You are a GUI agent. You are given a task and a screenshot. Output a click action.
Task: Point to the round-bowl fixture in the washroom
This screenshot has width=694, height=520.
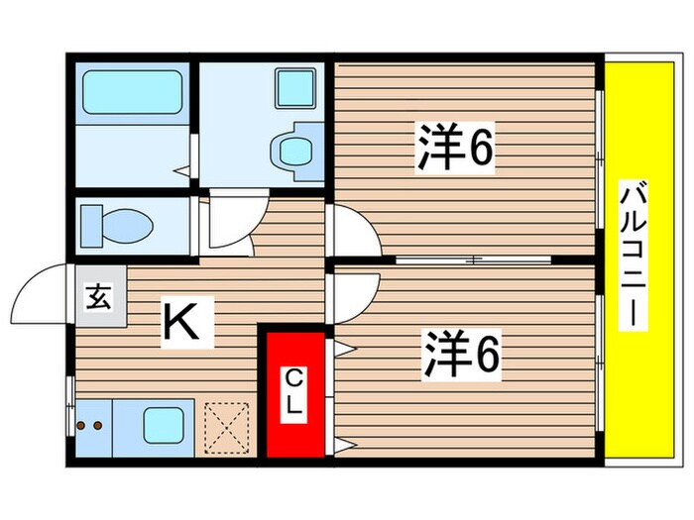pyautogui.click(x=293, y=152)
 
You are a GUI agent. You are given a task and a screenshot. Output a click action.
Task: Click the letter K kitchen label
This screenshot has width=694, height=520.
pyautogui.click(x=188, y=324)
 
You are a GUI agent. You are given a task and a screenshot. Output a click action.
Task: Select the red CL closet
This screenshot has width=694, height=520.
pyautogui.click(x=295, y=394)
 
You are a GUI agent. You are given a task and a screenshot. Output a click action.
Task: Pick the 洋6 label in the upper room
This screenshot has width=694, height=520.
pyautogui.click(x=454, y=149)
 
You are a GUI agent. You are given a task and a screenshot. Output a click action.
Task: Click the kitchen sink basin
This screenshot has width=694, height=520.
pyautogui.click(x=162, y=427)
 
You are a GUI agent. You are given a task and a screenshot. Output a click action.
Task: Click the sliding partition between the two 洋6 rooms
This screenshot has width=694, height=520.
pyautogui.click(x=474, y=260)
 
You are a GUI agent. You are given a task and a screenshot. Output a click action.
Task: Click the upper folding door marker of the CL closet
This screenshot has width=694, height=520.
pyautogui.click(x=343, y=348)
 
